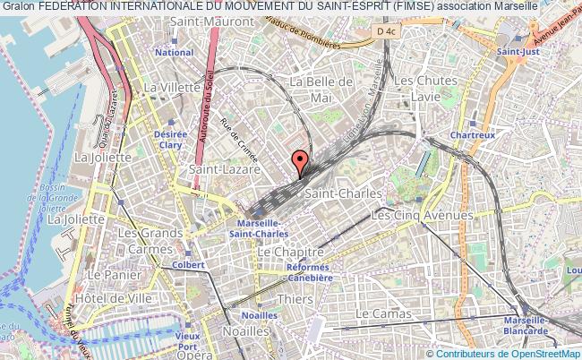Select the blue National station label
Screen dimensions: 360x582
tap(174, 53)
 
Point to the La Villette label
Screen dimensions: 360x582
tap(172, 87)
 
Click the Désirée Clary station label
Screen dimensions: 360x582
tap(169, 139)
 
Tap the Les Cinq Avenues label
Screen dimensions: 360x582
tap(422, 215)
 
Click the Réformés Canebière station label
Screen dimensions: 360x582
tap(310, 272)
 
